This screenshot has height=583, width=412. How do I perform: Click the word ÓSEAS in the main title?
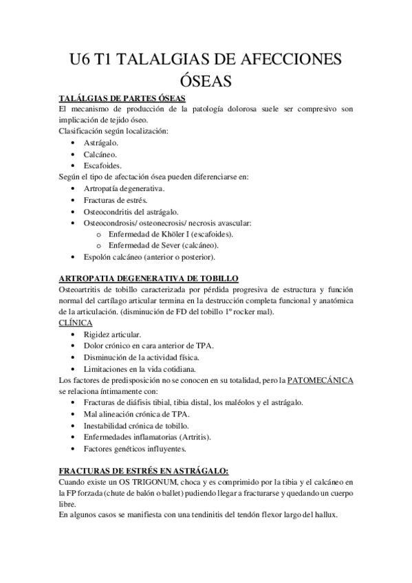(x=206, y=81)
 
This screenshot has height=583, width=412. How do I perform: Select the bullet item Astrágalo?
(x=100, y=142)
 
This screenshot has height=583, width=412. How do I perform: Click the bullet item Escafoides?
(x=102, y=165)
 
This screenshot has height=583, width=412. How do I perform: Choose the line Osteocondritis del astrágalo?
(x=131, y=211)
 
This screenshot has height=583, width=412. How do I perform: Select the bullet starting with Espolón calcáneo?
(x=149, y=257)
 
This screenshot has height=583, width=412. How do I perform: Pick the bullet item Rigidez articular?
(x=113, y=334)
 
